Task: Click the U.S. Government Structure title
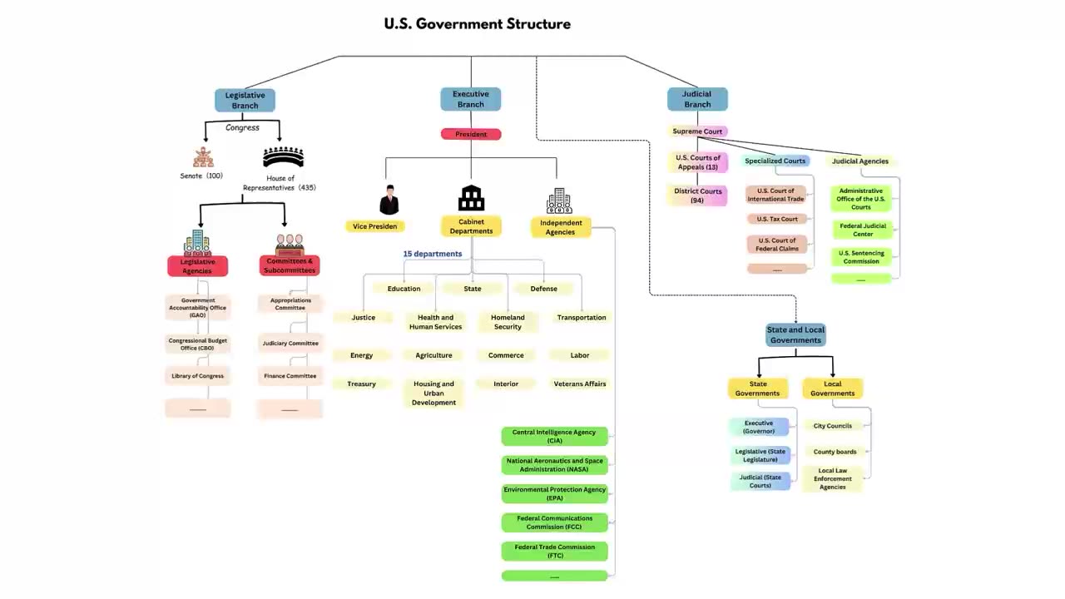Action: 477,24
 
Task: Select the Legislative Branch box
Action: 245,100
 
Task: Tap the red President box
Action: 471,134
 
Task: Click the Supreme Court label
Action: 697,131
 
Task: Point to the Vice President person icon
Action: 389,200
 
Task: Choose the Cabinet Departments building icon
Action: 471,198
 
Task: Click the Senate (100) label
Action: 201,176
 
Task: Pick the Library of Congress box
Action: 197,376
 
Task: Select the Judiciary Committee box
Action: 290,344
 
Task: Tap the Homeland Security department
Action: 508,322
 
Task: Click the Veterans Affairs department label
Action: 580,384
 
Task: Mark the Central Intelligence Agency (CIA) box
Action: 554,436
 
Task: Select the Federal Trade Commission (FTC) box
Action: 554,551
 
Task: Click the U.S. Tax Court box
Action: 776,220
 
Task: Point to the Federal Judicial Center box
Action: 862,230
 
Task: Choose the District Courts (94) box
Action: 698,196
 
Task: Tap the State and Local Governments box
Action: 795,334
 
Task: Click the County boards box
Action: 835,453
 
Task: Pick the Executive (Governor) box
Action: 759,427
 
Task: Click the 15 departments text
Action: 433,254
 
